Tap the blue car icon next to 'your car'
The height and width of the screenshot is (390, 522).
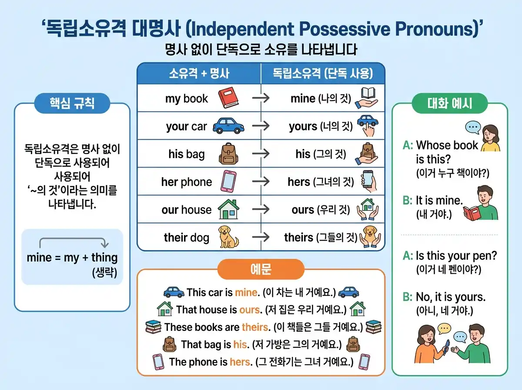[x=228, y=126]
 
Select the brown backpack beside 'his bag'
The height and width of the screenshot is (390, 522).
[x=226, y=154]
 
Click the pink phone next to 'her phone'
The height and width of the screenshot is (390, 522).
[x=228, y=182]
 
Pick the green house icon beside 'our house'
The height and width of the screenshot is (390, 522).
[x=228, y=209]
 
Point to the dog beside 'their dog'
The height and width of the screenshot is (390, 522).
[x=228, y=237]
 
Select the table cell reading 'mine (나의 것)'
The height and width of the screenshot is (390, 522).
[x=321, y=99]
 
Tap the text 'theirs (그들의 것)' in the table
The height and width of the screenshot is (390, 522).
[x=321, y=238]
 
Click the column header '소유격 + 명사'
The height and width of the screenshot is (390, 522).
[x=199, y=74]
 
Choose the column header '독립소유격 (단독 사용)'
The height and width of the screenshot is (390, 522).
[x=323, y=74]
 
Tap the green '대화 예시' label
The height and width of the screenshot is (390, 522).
[x=450, y=104]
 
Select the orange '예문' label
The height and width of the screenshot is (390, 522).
[x=261, y=269]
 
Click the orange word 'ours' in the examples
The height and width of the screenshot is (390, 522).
[x=250, y=309]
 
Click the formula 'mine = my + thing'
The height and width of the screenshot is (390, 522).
[x=72, y=257]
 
